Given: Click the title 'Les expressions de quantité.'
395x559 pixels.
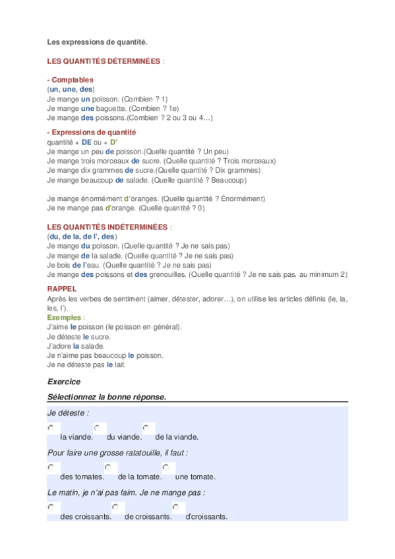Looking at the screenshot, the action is [97, 43].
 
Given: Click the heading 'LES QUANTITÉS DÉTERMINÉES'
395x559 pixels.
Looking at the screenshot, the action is [104, 61].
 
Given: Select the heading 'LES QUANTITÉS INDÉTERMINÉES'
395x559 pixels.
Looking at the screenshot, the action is [107, 227].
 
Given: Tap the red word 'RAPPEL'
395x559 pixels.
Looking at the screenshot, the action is [62, 289].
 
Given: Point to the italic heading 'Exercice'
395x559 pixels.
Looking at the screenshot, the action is [64, 381].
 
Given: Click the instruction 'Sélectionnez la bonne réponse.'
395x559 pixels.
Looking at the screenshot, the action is [107, 397].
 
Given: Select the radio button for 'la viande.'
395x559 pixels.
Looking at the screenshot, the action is [51, 428].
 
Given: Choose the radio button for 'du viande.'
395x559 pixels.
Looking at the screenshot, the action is [98, 428].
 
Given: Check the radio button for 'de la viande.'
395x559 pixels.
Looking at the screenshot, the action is [146, 428].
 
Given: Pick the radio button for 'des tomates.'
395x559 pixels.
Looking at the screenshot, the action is [51, 467].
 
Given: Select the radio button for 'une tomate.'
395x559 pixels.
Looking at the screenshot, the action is [166, 467].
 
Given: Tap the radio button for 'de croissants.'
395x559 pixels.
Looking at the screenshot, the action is [115, 507].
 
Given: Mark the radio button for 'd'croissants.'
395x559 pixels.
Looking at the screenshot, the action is [176, 507].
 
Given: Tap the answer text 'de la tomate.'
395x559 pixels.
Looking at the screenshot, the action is [140, 477].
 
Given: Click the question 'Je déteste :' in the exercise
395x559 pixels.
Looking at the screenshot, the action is [68, 413].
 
